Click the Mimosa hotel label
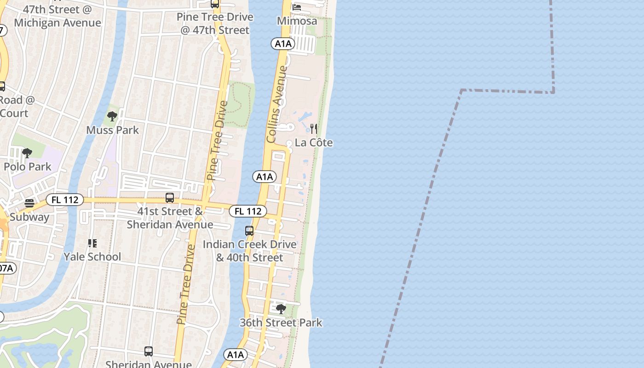[297, 21]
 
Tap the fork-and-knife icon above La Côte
[314, 128]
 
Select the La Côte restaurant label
[314, 143]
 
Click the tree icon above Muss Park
[112, 116]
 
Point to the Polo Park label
[28, 167]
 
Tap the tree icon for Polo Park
[27, 153]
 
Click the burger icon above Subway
[29, 203]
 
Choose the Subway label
[29, 217]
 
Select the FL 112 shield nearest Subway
[64, 200]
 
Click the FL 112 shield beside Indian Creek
[248, 211]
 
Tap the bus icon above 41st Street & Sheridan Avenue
[170, 198]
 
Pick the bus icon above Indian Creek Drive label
[249, 231]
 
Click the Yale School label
[92, 257]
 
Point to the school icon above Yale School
[92, 243]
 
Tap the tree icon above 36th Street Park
[281, 309]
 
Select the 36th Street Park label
[281, 323]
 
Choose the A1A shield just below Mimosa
[282, 44]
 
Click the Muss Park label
[112, 130]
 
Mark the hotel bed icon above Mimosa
[297, 7]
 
